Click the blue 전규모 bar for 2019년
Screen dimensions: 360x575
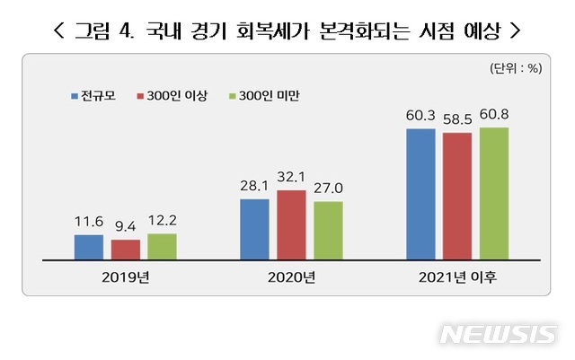point(88,247)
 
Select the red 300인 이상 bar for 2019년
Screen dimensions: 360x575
point(125,250)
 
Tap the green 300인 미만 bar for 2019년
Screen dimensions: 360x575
point(162,246)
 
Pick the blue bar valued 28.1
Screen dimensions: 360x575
point(254,229)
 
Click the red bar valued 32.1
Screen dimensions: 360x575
point(291,224)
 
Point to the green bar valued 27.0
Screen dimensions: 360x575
point(328,230)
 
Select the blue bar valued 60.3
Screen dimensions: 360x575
point(420,194)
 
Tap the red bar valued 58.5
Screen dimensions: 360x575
point(457,196)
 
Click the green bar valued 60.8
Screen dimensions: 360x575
point(494,193)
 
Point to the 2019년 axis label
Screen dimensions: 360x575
point(125,277)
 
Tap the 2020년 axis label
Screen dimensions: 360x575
point(291,277)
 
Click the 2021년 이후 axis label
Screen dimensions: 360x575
point(457,277)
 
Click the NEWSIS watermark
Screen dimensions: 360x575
point(498,334)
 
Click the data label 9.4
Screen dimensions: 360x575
point(125,226)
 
